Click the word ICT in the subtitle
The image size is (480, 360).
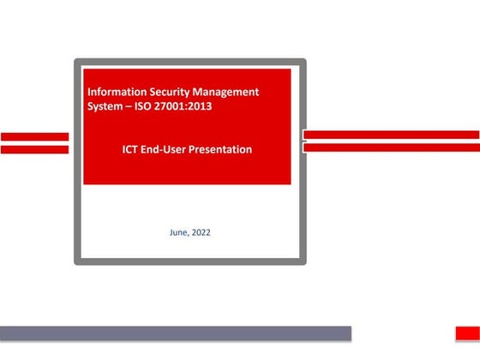point(133,149)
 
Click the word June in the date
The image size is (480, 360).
point(180,232)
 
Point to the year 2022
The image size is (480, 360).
point(201,232)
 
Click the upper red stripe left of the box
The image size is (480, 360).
point(34,136)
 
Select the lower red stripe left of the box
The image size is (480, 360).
point(34,149)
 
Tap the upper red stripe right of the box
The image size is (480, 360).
point(391,135)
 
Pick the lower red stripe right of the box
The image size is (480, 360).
point(391,147)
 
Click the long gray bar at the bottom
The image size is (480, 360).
point(176,333)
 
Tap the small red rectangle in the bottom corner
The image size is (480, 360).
point(466,333)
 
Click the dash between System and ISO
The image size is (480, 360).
point(133,105)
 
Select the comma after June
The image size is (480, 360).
point(190,235)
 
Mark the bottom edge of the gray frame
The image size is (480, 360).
point(189,261)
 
